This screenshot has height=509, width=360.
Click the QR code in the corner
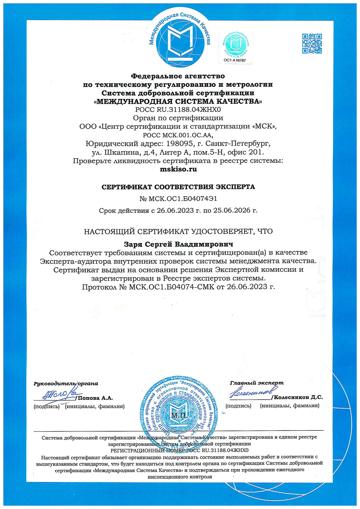pyautogui.click(x=312, y=43)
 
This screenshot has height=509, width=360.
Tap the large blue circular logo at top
pyautogui.click(x=180, y=39)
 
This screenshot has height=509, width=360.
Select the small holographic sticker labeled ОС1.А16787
pyautogui.click(x=235, y=47)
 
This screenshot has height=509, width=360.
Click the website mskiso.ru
pyautogui.click(x=178, y=169)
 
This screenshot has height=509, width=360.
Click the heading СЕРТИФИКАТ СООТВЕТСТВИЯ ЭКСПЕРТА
pyautogui.click(x=178, y=187)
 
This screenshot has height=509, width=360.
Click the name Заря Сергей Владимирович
pyautogui.click(x=178, y=244)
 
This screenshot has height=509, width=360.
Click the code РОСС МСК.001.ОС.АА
pyautogui.click(x=178, y=135)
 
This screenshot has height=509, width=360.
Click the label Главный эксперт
pyautogui.click(x=257, y=383)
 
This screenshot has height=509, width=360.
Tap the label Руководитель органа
pyautogui.click(x=66, y=384)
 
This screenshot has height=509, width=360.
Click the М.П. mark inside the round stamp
pyautogui.click(x=179, y=416)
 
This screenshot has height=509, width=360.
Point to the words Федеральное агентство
pyautogui.click(x=178, y=76)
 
